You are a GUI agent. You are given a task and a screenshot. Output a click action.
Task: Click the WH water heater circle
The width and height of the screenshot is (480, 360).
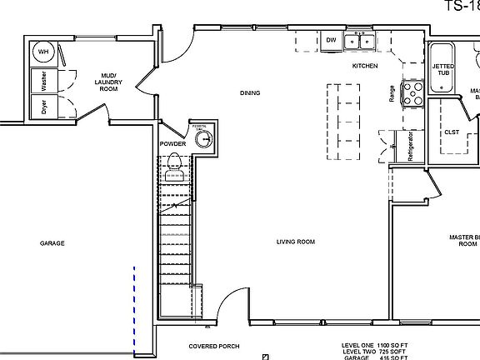click(x=42, y=52)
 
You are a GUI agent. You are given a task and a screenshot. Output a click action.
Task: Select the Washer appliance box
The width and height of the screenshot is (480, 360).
click(x=42, y=81)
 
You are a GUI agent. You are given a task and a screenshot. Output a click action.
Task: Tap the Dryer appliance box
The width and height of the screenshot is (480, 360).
click(x=42, y=107)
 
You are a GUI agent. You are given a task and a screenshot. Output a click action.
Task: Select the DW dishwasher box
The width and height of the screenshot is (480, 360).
click(x=331, y=40)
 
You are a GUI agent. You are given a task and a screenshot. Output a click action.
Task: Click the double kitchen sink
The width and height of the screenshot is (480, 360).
click(x=361, y=40)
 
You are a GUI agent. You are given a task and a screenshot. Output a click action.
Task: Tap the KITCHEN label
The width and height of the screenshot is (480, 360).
click(x=364, y=66)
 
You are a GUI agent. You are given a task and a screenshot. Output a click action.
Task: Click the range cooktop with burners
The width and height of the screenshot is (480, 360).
click(x=413, y=91)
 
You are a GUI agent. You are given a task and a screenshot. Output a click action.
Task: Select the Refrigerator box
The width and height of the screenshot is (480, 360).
click(x=409, y=146)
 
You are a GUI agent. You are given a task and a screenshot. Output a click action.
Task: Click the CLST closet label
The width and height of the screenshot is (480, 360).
click(x=451, y=132)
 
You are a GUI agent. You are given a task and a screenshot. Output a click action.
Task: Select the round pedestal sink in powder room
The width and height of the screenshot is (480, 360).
click(x=203, y=139)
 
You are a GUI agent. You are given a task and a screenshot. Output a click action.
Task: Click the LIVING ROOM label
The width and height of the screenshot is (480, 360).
click(x=296, y=242)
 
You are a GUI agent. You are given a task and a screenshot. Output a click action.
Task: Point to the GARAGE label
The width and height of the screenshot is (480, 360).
click(x=52, y=243)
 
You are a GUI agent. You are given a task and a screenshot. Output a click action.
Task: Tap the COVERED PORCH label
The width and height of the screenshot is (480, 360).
click(x=214, y=345)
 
